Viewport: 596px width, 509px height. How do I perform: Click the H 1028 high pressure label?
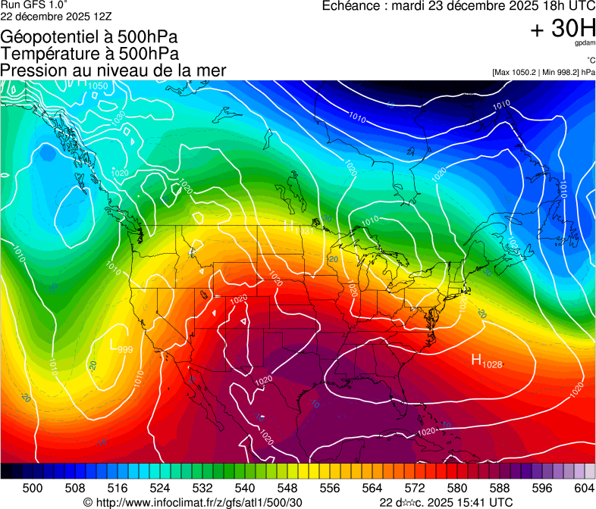[x=487, y=361]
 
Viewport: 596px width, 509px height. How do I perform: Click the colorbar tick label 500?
[x=33, y=487]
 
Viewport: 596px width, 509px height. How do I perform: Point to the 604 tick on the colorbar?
[x=584, y=487]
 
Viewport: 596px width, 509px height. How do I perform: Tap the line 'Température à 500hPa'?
[x=89, y=53]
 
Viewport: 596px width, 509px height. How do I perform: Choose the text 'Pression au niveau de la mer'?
[x=113, y=70]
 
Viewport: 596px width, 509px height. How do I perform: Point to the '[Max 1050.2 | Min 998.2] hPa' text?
[x=542, y=73]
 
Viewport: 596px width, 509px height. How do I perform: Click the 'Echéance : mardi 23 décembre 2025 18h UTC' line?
[x=459, y=6]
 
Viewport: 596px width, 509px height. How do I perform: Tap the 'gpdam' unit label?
[x=585, y=44]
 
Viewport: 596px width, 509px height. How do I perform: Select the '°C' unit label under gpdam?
[x=590, y=61]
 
